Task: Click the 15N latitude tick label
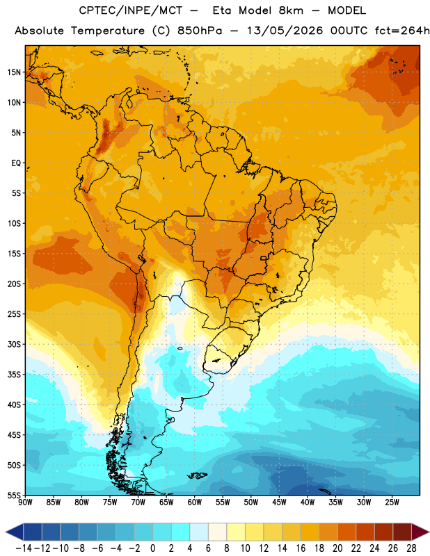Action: (x=14, y=72)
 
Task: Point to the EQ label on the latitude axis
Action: (x=16, y=163)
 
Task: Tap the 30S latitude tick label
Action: (x=14, y=344)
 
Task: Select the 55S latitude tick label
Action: (x=14, y=496)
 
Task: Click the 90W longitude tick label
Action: (x=25, y=502)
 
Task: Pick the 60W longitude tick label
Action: (x=195, y=502)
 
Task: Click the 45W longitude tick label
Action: (x=279, y=502)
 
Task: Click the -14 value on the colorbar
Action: (x=24, y=548)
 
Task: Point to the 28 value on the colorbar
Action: (x=411, y=548)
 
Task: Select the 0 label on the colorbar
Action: (x=152, y=548)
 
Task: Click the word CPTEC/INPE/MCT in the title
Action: (x=130, y=10)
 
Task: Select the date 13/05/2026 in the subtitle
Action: (x=285, y=31)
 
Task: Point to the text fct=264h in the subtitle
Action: (x=402, y=31)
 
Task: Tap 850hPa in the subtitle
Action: (x=200, y=31)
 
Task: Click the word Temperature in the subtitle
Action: (x=108, y=31)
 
